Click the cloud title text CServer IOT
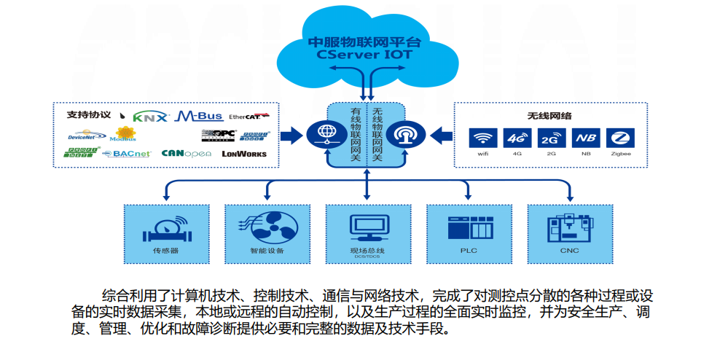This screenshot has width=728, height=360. pyautogui.click(x=365, y=54)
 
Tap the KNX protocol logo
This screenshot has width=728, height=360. pyautogui.click(x=151, y=116)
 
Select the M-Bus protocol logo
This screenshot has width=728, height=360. pyautogui.click(x=198, y=116)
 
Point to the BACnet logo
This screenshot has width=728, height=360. pyautogui.click(x=127, y=154)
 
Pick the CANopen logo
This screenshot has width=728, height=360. pyautogui.click(x=186, y=153)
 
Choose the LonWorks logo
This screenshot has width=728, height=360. pyautogui.click(x=244, y=153)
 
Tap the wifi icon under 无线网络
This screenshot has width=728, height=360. pyautogui.click(x=483, y=138)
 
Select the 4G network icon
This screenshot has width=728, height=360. pyautogui.click(x=517, y=138)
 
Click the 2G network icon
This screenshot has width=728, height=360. pyautogui.click(x=552, y=138)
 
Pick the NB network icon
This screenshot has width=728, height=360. pyautogui.click(x=586, y=138)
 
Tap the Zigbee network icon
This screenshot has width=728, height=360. pyautogui.click(x=621, y=138)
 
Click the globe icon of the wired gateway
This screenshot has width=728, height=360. pyautogui.click(x=322, y=134)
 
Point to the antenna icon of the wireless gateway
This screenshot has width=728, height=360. pyautogui.click(x=402, y=134)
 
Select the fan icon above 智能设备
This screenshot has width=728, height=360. pyautogui.click(x=266, y=227)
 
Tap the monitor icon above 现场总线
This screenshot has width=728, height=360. pyautogui.click(x=367, y=227)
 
